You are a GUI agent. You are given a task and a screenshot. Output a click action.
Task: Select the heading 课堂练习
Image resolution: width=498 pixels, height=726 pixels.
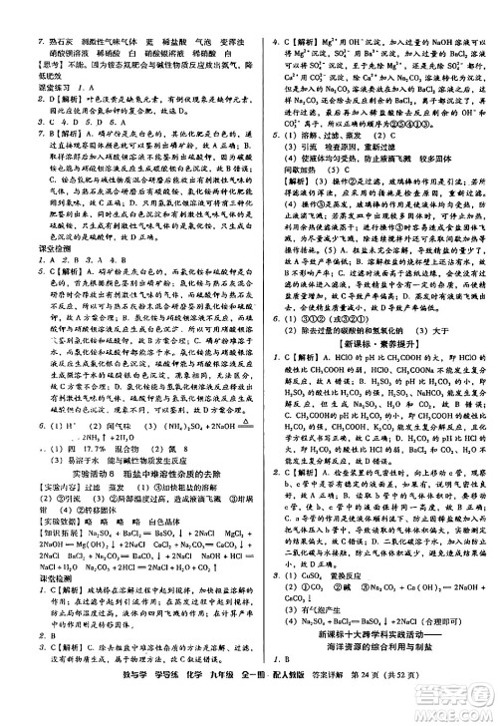pyautogui.click(x=27, y=87)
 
